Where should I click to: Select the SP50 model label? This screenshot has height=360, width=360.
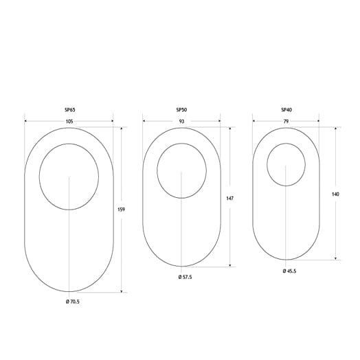(181, 111)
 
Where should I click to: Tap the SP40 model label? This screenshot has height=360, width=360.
(286, 110)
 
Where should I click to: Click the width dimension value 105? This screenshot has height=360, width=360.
(69, 122)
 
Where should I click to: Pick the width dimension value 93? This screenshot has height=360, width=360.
(181, 122)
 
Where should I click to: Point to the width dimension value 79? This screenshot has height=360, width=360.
(286, 121)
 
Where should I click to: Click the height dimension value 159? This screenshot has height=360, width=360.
(121, 210)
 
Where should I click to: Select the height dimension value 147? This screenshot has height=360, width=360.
(229, 198)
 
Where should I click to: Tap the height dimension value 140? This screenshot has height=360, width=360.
(335, 194)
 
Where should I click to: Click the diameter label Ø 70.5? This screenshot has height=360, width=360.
(72, 302)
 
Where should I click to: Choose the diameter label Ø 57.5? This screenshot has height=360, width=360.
(185, 276)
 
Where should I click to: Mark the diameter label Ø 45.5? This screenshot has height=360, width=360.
(289, 271)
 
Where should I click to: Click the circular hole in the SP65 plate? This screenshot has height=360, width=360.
(69, 177)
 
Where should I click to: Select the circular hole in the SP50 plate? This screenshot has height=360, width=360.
(181, 170)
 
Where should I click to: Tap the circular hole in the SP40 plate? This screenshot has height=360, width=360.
(286, 164)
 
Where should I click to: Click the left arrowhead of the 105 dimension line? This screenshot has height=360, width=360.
(26, 122)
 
